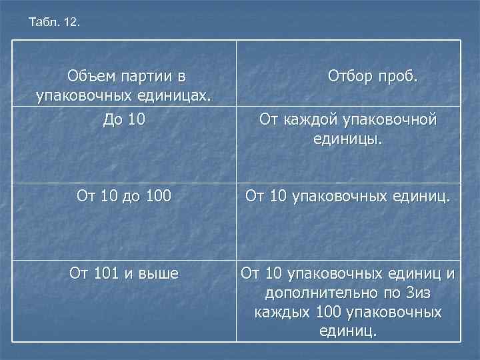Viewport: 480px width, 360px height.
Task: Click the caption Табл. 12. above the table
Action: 54,23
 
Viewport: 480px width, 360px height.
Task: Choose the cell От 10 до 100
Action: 125,196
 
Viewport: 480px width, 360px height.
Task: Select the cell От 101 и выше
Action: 125,273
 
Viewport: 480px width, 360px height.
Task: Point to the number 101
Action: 107,273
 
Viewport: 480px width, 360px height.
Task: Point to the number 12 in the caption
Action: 71,23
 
